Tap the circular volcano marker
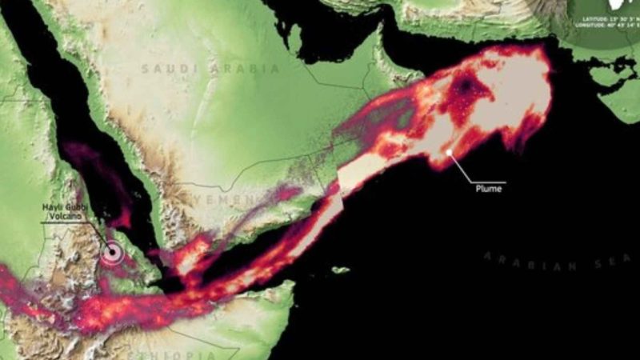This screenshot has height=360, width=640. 113,253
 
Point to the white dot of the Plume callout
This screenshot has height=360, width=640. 450,152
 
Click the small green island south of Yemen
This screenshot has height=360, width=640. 341,270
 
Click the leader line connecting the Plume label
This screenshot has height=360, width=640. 472,171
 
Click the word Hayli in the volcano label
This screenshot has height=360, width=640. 53,207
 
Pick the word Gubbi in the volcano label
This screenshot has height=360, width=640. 75,207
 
